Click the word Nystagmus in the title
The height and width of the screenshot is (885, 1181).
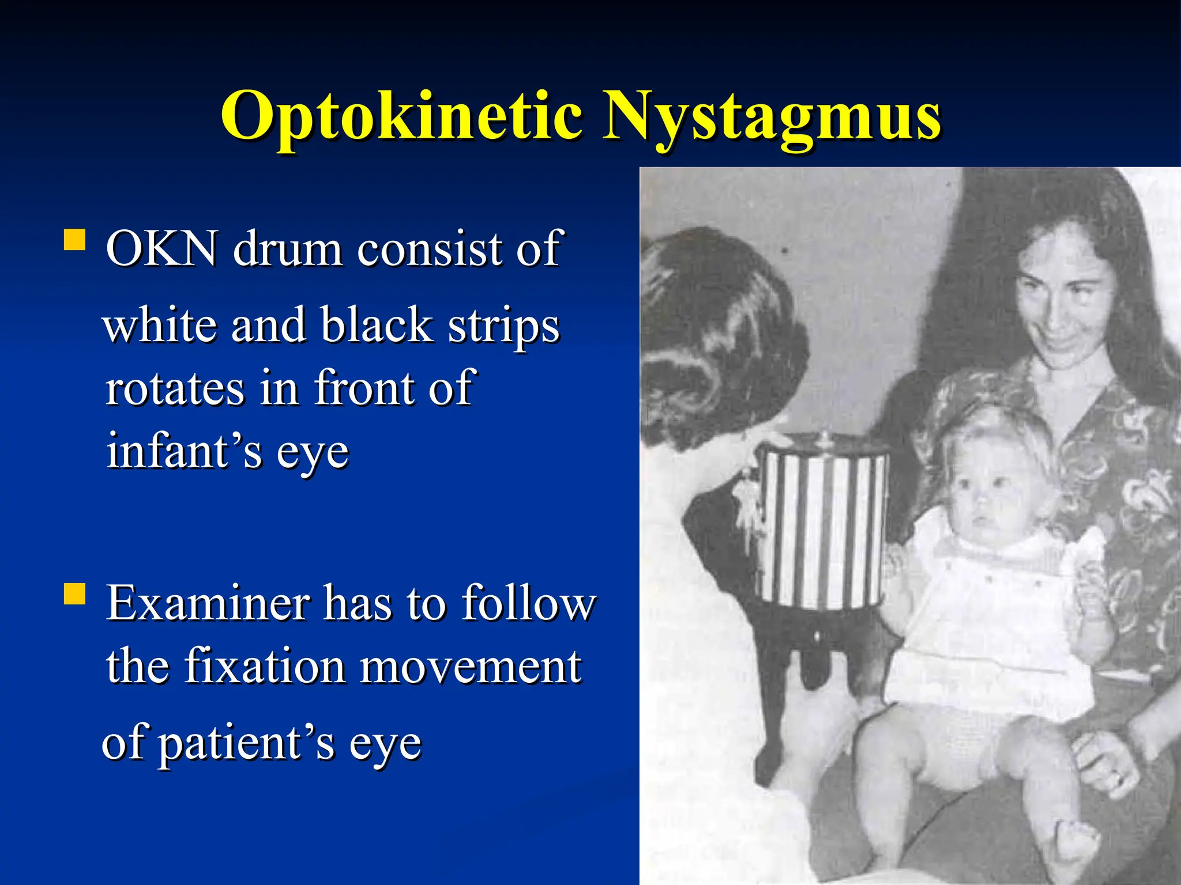point(771,117)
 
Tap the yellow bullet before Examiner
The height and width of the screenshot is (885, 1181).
point(74,593)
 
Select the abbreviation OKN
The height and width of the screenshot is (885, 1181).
point(162,248)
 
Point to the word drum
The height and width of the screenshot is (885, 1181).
point(288,248)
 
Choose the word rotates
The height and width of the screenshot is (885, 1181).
point(175,388)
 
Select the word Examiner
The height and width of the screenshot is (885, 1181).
point(208,603)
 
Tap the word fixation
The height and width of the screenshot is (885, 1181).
point(265,667)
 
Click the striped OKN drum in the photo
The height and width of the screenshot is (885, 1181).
point(822,527)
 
